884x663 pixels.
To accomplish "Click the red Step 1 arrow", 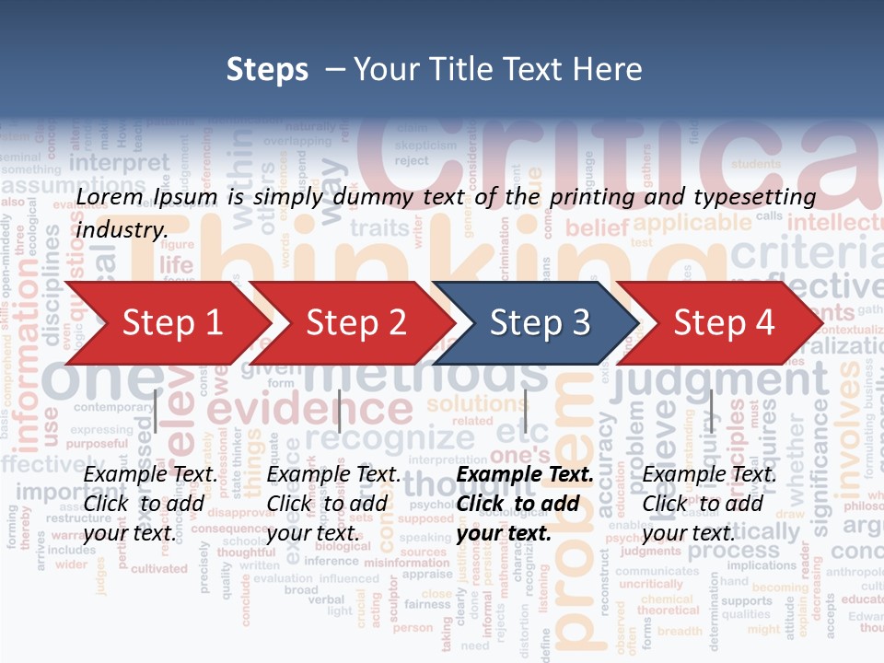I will click(x=170, y=323).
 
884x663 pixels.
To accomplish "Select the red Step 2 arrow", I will click(x=355, y=323).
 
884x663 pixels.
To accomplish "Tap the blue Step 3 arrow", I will click(x=540, y=323).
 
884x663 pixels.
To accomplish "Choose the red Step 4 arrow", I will click(x=724, y=323).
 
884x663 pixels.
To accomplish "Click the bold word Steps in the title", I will click(x=267, y=69).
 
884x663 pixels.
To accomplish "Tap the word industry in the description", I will click(x=121, y=229).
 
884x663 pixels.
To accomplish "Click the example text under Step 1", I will click(x=151, y=504).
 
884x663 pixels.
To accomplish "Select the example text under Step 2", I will click(x=333, y=504).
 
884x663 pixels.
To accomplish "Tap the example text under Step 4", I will click(x=709, y=504).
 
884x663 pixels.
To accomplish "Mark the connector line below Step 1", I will click(x=156, y=411).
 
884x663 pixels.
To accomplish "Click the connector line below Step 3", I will click(x=525, y=411).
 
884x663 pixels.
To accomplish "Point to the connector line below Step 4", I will click(x=711, y=411).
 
